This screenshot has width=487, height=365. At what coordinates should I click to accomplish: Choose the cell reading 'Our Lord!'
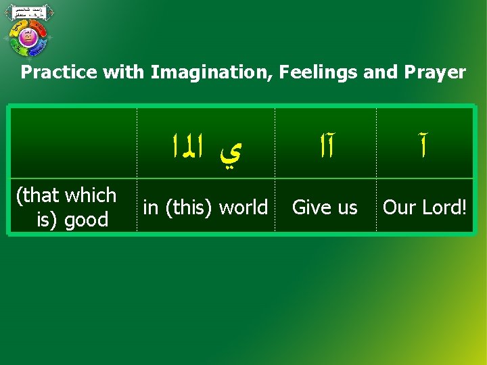425,207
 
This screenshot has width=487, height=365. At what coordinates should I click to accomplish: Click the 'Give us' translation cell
325,207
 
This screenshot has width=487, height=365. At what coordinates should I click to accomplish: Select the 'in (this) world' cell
206,207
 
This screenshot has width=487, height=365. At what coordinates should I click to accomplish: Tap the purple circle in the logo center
28,36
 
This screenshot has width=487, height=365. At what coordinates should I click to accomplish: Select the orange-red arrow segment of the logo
39,28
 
